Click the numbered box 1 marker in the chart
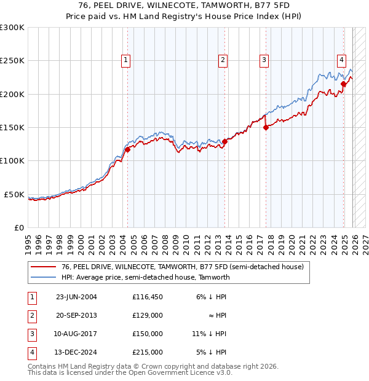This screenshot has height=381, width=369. click(125, 60)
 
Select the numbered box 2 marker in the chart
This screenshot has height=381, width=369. click(222, 60)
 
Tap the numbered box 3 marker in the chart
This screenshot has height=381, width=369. click(263, 60)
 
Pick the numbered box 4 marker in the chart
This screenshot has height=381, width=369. click(341, 60)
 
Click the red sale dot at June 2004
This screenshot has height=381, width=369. click(127, 149)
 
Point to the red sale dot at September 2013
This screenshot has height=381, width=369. click(224, 141)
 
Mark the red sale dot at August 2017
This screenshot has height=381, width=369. click(266, 127)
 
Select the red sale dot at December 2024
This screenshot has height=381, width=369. click(343, 84)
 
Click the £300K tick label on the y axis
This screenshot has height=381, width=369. click(12, 28)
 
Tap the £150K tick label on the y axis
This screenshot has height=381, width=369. click(12, 127)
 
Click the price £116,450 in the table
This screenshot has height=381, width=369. click(147, 297)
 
